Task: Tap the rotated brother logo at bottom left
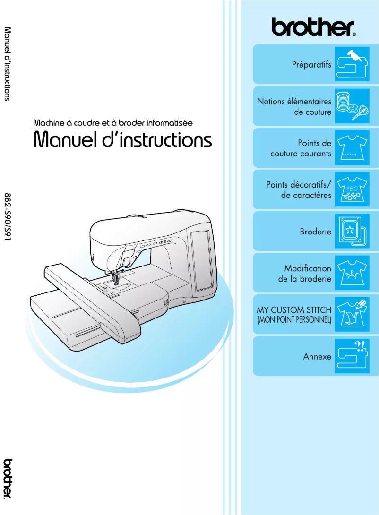coord(9,478)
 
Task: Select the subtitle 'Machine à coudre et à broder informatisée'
coord(113,122)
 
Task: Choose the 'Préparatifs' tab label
coord(311,64)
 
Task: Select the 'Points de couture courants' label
coord(301,148)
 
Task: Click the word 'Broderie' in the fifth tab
coord(315,232)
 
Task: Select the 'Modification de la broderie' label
coord(305,274)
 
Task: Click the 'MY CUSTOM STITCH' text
coord(294,310)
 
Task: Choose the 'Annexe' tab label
coord(317,357)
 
